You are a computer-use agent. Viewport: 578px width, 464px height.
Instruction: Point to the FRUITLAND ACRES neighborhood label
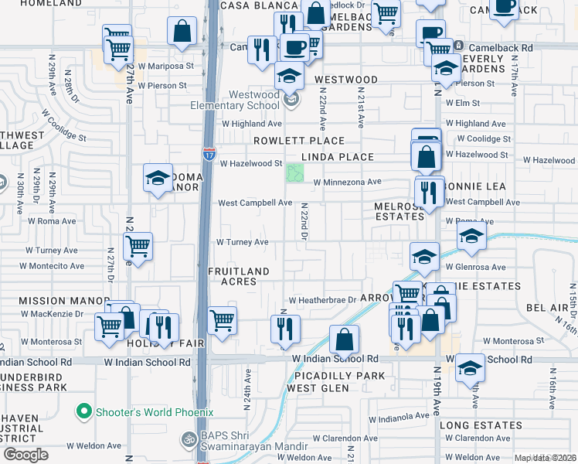(239, 277)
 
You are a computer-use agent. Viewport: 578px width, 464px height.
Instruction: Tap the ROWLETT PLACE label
(299, 141)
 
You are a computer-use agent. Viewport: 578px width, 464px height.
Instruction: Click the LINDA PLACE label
(337, 157)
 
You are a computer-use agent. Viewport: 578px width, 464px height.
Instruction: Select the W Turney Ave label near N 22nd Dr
(242, 242)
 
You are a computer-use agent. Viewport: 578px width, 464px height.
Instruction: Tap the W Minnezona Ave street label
(347, 183)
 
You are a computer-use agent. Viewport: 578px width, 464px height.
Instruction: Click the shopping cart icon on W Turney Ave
(138, 247)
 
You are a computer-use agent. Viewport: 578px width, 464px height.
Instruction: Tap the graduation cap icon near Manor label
(158, 179)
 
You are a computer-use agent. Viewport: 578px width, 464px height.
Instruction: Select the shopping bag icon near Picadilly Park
(344, 339)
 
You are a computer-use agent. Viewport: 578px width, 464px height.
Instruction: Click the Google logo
(25, 455)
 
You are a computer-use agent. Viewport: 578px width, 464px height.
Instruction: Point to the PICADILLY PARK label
(339, 376)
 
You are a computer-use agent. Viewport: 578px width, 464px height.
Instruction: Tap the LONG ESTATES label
(481, 425)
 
